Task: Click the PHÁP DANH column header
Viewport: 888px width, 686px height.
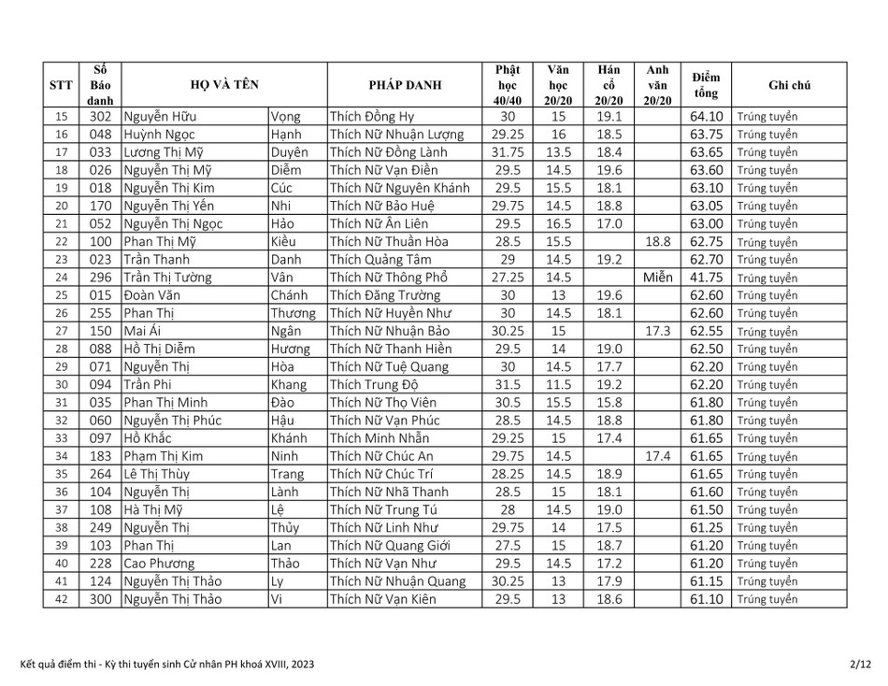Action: click(405, 85)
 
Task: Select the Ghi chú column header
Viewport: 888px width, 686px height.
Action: click(789, 85)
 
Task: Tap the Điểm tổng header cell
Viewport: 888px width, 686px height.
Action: click(707, 85)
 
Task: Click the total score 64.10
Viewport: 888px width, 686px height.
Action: click(707, 117)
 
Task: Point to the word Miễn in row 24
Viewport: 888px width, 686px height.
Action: click(657, 278)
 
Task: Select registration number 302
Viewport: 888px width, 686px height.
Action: click(101, 117)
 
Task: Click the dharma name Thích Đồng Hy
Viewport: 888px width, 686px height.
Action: click(371, 117)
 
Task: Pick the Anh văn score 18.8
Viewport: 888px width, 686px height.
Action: click(657, 242)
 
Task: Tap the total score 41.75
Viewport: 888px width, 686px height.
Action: click(707, 278)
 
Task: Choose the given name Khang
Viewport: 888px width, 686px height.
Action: click(288, 385)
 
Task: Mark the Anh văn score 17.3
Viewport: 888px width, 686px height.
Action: click(657, 331)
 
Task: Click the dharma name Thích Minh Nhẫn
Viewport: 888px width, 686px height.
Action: click(380, 438)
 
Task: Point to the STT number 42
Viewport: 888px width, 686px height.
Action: click(62, 599)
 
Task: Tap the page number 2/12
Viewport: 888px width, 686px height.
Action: click(860, 665)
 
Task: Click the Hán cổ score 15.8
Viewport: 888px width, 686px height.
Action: click(609, 403)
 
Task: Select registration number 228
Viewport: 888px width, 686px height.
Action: click(101, 564)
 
